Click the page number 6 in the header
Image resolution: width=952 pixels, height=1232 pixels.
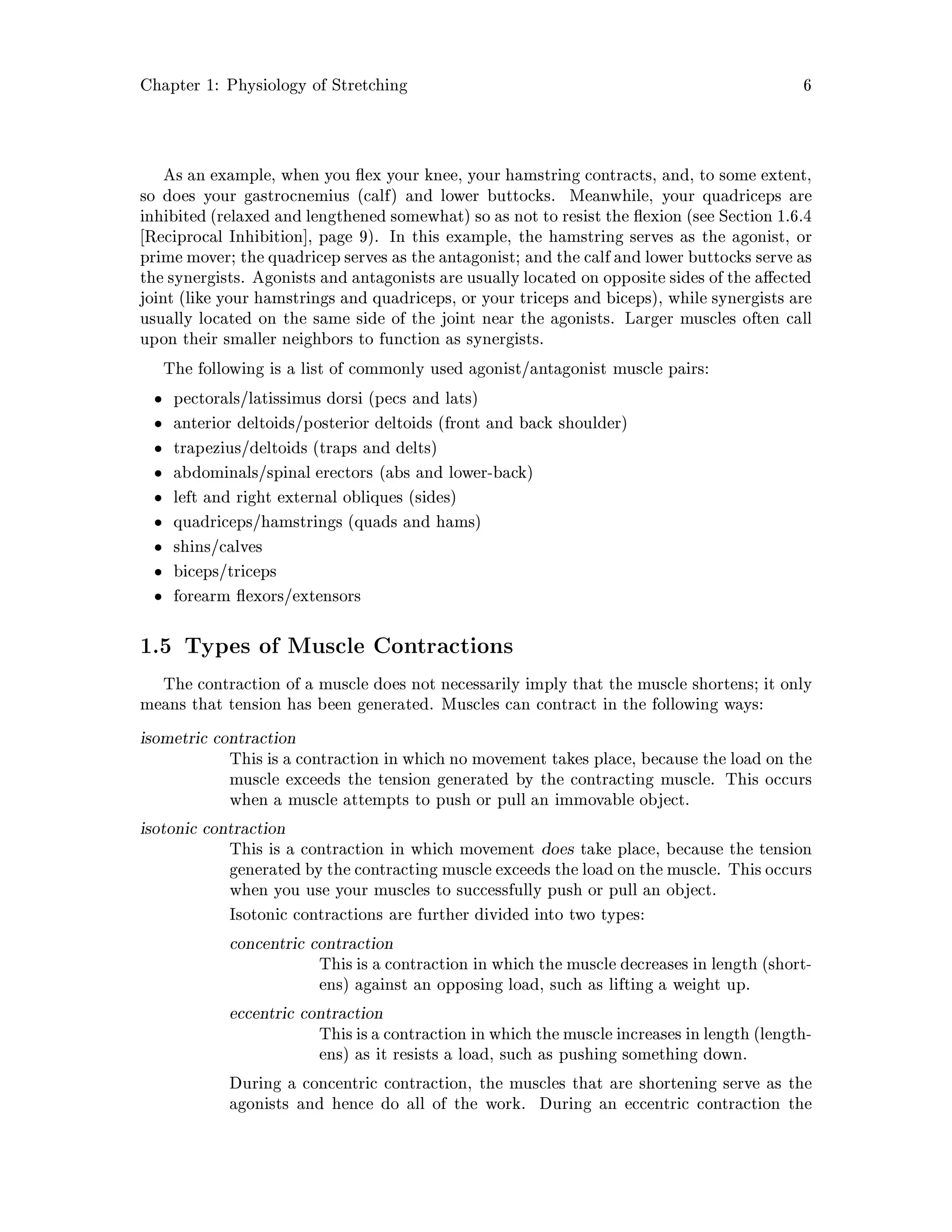coord(807,86)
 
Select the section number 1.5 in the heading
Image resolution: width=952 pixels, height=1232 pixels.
coord(156,646)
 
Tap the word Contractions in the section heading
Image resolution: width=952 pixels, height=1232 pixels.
coord(443,646)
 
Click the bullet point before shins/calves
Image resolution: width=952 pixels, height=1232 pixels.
coord(159,548)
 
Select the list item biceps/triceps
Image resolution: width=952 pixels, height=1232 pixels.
coord(225,571)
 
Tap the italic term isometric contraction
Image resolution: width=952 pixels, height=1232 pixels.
coord(218,738)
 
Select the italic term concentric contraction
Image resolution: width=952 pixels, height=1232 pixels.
coord(311,944)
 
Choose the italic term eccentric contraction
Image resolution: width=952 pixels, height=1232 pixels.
coord(306,1013)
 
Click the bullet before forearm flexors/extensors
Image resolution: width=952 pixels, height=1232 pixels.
coord(159,597)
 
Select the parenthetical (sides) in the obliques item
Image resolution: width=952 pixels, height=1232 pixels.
coord(432,497)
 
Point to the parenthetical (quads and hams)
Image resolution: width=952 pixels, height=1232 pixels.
coord(414,523)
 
